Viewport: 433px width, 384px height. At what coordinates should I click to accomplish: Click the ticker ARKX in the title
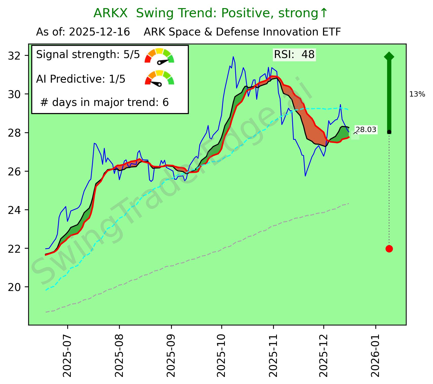[x=110, y=13]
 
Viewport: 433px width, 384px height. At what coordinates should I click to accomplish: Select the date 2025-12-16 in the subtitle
[x=99, y=32]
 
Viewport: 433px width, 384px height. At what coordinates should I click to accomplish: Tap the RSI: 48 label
[x=294, y=54]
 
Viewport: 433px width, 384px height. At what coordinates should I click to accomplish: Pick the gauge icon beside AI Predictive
[x=159, y=78]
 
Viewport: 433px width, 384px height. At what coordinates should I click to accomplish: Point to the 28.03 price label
[x=366, y=130]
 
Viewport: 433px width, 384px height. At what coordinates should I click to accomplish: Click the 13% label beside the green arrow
[x=417, y=95]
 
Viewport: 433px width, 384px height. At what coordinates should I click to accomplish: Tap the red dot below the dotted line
[x=389, y=249]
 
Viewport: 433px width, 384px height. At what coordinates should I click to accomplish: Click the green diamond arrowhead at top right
[x=389, y=56]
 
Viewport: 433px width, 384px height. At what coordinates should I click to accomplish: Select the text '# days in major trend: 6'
[x=105, y=102]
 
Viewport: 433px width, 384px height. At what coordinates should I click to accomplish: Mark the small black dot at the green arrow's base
[x=389, y=132]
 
